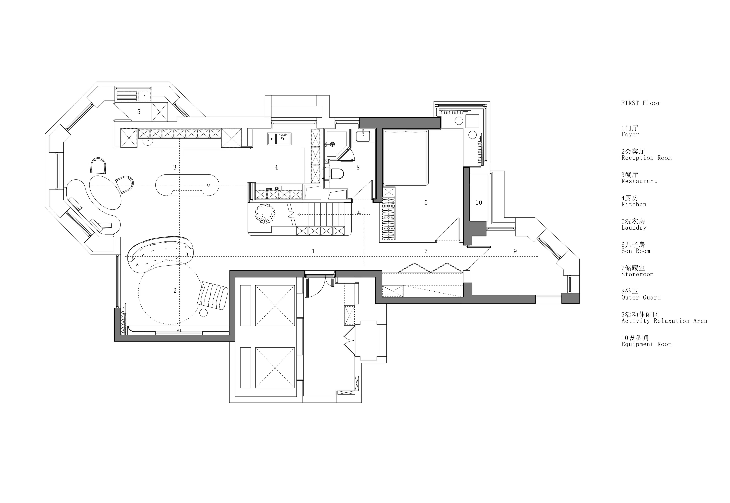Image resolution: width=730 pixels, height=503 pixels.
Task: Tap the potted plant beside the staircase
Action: click(x=264, y=213)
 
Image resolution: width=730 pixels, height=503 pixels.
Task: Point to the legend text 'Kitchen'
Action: click(x=634, y=204)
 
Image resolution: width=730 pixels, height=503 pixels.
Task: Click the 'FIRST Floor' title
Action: click(x=641, y=103)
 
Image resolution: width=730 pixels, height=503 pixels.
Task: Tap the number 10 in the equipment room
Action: click(x=479, y=203)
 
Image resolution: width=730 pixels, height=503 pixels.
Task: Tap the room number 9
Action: click(x=515, y=251)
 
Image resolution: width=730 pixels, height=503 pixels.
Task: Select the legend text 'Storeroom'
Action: click(x=637, y=274)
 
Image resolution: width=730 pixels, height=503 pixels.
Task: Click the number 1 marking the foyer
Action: click(x=313, y=251)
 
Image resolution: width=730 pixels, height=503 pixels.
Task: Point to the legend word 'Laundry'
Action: click(x=634, y=228)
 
